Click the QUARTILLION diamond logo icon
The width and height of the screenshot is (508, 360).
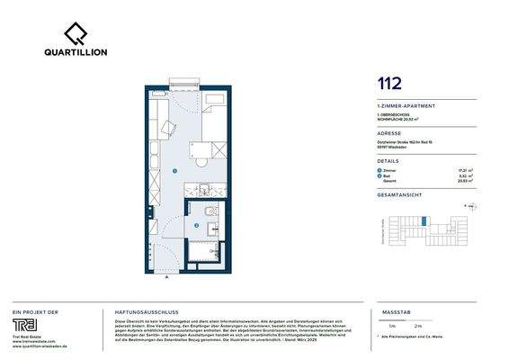click(x=76, y=33)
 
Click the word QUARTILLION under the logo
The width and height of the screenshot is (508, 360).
click(x=76, y=52)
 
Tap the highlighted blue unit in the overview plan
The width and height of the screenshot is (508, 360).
click(x=423, y=220)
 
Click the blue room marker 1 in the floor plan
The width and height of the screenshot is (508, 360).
click(x=174, y=168)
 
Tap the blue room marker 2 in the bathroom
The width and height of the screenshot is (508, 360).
click(x=196, y=225)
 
